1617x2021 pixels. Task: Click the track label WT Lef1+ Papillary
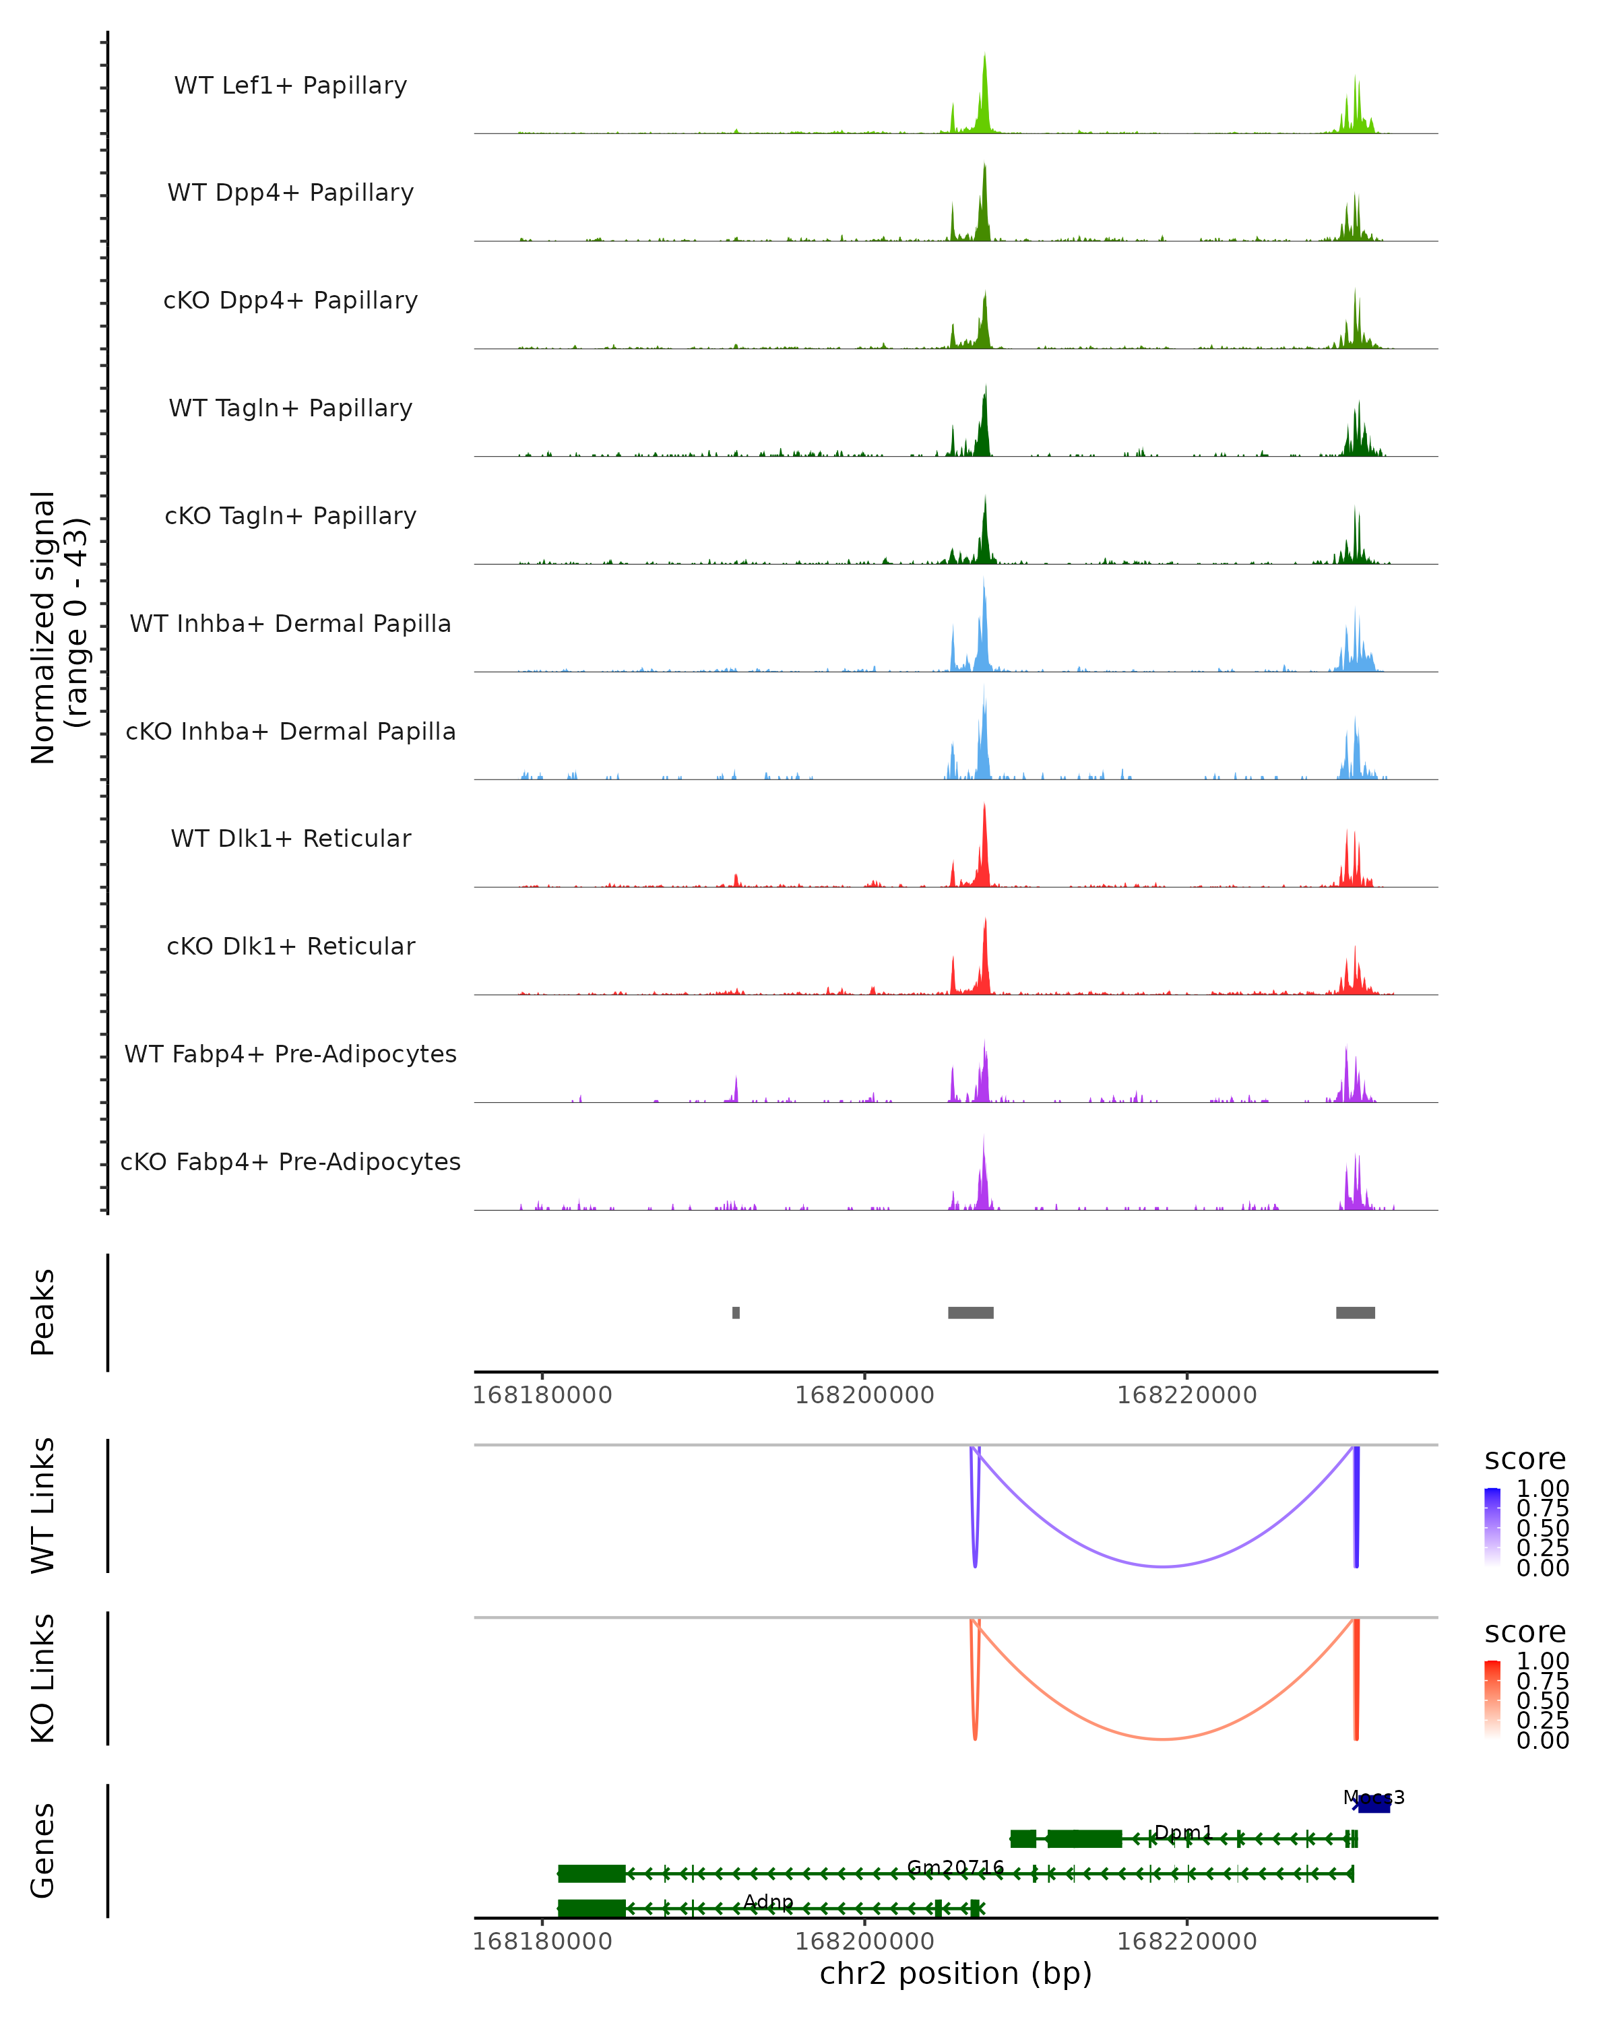click(290, 86)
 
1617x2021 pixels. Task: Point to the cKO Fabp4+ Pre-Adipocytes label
click(290, 1161)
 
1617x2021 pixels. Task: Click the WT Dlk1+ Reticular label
click(290, 838)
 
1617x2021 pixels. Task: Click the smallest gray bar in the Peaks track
click(736, 1312)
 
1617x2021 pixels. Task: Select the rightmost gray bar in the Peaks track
click(1356, 1312)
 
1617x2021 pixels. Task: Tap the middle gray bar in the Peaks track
click(970, 1312)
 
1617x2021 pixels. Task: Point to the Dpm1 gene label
click(1183, 1832)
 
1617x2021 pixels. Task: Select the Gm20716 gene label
click(955, 1867)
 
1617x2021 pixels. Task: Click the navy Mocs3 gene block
click(1374, 1805)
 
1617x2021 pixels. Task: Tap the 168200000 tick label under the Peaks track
click(864, 1395)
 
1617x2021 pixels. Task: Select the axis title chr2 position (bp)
click(955, 1973)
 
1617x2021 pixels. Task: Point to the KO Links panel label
click(43, 1678)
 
